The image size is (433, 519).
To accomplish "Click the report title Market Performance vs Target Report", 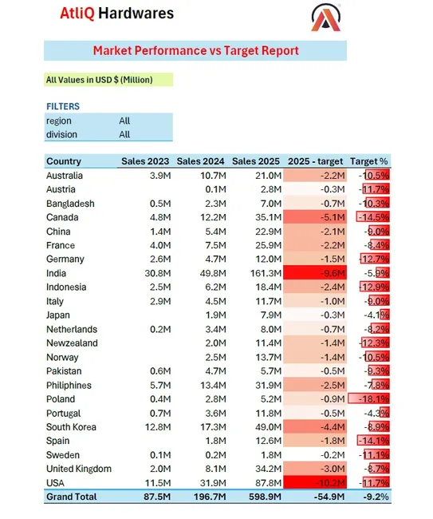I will [x=195, y=51].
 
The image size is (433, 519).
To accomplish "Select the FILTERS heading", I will [x=63, y=107].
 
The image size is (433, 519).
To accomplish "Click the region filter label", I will [x=59, y=121].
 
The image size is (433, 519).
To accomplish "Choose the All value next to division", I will [x=124, y=135].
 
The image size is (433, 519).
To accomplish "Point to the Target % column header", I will [x=369, y=161].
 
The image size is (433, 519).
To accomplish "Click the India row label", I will [x=57, y=273].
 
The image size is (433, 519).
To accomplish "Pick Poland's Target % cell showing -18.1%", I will [x=372, y=399].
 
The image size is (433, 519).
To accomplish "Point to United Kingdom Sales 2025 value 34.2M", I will [x=261, y=469].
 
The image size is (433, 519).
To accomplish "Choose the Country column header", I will [x=64, y=161].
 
